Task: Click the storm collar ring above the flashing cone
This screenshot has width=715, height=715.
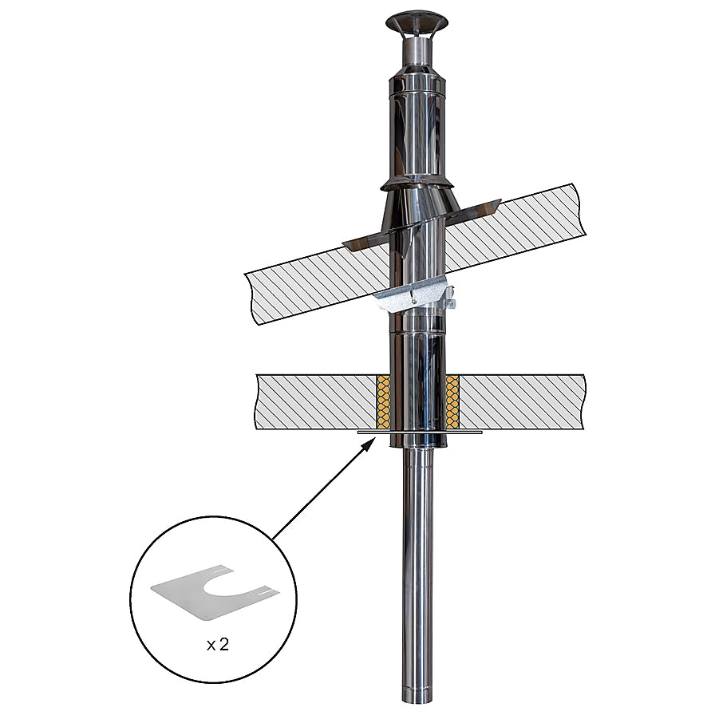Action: pos(417,184)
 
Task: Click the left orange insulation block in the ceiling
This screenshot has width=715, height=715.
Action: pos(384,402)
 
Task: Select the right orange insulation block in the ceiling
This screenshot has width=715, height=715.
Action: pos(452,402)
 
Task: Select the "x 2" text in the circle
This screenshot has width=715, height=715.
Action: pos(217,645)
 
